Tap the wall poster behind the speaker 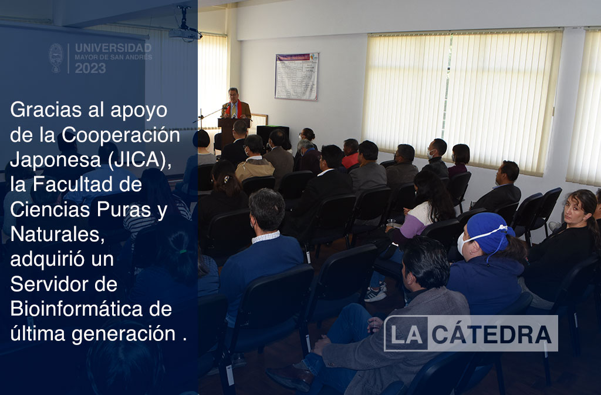[x=296, y=76]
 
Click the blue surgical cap [x=489, y=233]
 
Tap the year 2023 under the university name [x=90, y=68]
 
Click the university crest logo [x=56, y=58]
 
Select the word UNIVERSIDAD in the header [x=113, y=48]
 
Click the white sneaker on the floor [x=375, y=294]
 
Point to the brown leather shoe [x=290, y=378]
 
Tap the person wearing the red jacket [x=350, y=155]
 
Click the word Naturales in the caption [x=57, y=234]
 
